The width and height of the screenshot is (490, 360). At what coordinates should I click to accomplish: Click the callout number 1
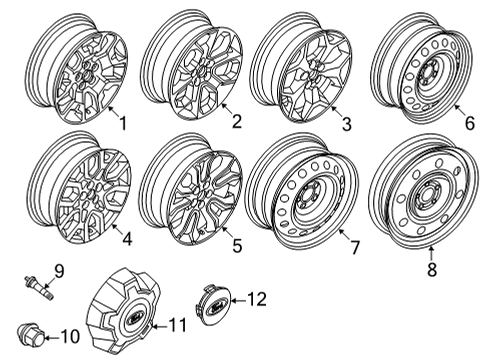[x=123, y=124]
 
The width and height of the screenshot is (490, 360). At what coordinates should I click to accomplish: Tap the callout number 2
[x=236, y=122]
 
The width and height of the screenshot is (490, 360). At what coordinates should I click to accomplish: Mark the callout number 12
[x=257, y=298]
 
